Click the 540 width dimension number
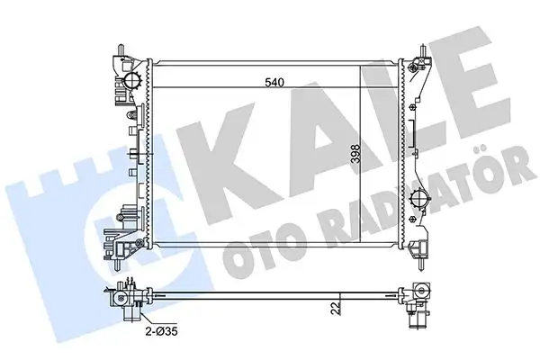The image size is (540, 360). coord(274,84)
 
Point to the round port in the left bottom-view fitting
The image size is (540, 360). coord(120,295)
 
